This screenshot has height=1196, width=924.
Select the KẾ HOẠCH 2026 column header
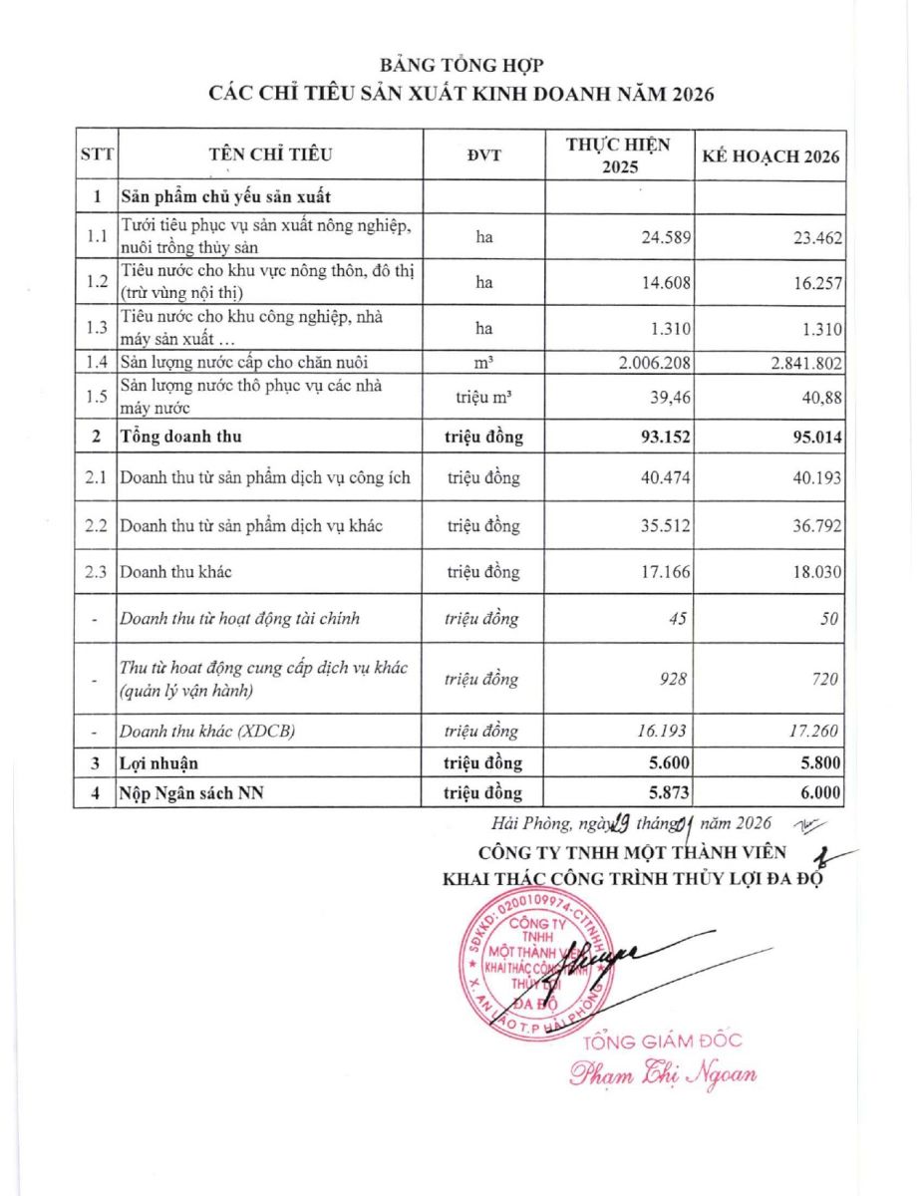click(x=770, y=156)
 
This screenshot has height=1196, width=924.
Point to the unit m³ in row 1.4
click(x=483, y=362)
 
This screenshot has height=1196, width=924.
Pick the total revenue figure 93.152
click(x=657, y=436)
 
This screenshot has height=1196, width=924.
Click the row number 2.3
click(x=96, y=572)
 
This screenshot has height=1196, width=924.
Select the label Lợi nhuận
click(x=159, y=763)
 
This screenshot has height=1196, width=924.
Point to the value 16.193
click(x=660, y=732)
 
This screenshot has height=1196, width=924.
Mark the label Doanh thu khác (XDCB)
click(x=207, y=732)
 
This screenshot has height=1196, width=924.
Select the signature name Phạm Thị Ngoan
click(x=663, y=1074)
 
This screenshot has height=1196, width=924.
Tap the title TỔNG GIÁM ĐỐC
click(x=663, y=1042)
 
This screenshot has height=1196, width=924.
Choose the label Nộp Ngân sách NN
click(x=190, y=792)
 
